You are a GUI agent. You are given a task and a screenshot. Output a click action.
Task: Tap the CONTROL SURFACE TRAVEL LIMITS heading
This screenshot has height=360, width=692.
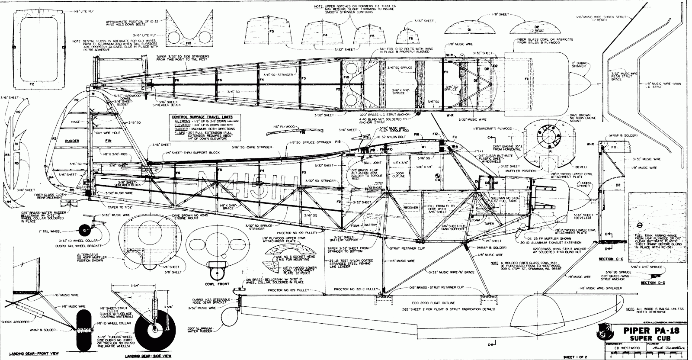click(x=202, y=117)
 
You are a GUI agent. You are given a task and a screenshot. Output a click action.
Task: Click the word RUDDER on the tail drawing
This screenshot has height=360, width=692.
click(x=73, y=141)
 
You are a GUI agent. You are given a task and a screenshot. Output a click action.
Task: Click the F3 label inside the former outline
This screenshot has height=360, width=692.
click(x=272, y=32)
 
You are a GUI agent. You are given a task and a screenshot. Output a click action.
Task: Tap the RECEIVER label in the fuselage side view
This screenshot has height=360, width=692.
click(x=410, y=208)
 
